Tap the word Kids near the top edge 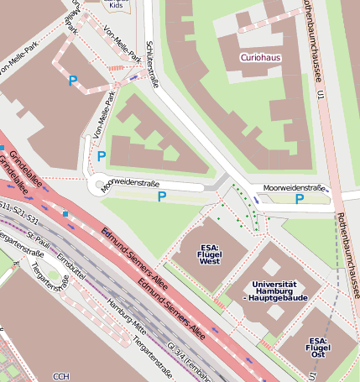click(x=116, y=4)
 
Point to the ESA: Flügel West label click(x=210, y=254)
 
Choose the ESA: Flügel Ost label click(x=316, y=347)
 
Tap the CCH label click(x=60, y=376)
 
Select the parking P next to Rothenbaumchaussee click(x=300, y=199)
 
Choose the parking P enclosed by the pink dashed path click(x=73, y=81)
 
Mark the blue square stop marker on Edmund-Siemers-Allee click(x=65, y=214)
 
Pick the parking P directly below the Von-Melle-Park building click(x=162, y=196)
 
